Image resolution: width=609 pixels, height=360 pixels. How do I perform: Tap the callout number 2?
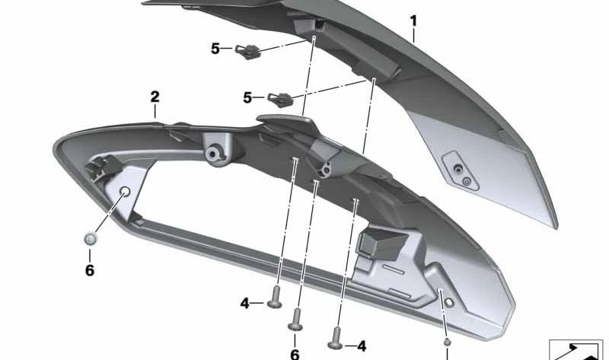(155, 97)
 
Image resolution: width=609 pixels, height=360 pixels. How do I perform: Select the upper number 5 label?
(215, 49)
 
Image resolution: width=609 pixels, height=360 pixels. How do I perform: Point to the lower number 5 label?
(248, 97)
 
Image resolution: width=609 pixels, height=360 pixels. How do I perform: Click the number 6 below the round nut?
(90, 269)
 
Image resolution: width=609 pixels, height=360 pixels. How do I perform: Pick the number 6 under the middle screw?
(294, 353)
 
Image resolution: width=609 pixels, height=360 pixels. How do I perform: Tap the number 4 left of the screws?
(245, 304)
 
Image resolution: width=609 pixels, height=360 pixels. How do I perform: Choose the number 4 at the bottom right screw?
(361, 346)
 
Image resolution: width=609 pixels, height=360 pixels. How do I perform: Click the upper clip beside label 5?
(247, 51)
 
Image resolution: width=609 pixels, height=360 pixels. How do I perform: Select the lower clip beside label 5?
(279, 97)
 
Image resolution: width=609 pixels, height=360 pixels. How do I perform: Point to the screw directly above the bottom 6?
(295, 323)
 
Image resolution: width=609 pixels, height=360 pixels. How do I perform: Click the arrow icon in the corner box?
(574, 349)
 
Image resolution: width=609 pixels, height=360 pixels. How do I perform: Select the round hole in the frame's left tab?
(126, 190)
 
